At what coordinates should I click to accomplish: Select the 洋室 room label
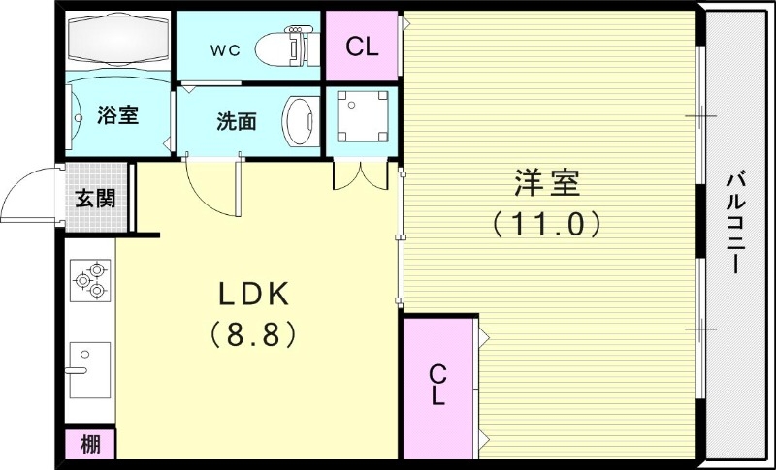click(x=547, y=182)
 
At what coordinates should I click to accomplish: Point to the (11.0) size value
click(x=547, y=224)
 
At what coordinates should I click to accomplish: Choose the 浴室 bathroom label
click(x=118, y=115)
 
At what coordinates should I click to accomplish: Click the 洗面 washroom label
click(x=236, y=121)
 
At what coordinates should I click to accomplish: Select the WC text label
click(x=225, y=47)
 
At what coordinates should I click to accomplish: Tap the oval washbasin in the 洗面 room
click(x=300, y=119)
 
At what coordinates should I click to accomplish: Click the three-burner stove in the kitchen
click(x=89, y=280)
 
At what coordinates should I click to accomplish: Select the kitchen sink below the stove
click(x=89, y=368)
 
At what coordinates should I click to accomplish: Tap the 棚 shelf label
click(x=90, y=445)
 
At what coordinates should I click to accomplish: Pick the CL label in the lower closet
click(x=437, y=385)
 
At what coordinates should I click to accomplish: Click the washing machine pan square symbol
click(x=362, y=115)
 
